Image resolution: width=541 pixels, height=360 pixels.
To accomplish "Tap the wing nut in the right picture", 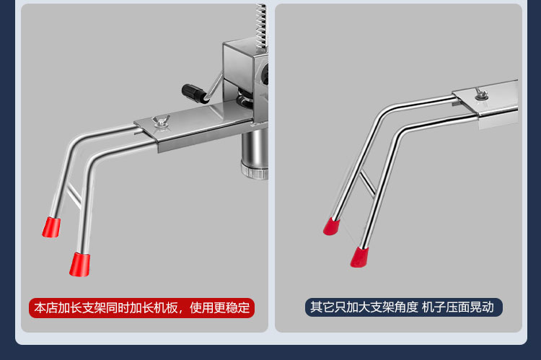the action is [x=479, y=92].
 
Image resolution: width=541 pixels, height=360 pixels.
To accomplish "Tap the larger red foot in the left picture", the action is [x=79, y=264].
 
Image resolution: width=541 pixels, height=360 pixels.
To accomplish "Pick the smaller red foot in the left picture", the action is [x=51, y=227].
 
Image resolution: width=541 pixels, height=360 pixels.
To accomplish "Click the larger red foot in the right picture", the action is [x=359, y=256].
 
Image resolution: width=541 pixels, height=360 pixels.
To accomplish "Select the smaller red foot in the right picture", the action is [x=332, y=226].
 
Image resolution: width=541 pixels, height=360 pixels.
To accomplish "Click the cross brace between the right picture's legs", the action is [x=367, y=183].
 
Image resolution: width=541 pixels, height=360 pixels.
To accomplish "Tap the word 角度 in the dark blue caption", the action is [x=406, y=307].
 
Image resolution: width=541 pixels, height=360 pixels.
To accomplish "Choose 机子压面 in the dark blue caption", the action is [x=446, y=307].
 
